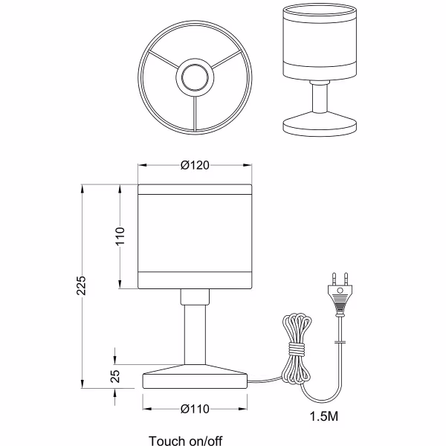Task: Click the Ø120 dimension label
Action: coord(195,165)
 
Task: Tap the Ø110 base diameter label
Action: coord(195,408)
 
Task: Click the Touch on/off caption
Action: coord(184,439)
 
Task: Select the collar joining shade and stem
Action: coord(195,297)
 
